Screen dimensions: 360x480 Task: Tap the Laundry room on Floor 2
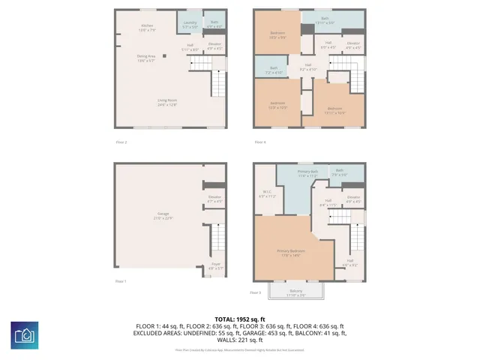[x=189, y=24]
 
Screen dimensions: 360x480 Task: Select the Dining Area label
[x=146, y=58]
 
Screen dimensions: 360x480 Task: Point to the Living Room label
[x=167, y=102]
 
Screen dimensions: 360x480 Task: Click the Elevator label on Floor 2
[x=215, y=46]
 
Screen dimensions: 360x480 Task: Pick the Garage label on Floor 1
[x=163, y=216]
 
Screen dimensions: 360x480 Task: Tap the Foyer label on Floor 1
[x=215, y=265]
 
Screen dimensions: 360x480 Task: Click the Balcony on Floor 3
[x=297, y=293]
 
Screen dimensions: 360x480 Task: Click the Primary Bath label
[x=308, y=174]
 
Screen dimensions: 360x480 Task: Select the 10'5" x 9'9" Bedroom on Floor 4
[x=277, y=35]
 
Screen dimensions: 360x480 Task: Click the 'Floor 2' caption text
[x=121, y=142]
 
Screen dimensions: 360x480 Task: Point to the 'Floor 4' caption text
[x=259, y=142]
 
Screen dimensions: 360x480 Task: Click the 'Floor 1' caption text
[x=121, y=281]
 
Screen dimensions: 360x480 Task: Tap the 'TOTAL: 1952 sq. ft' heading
[x=240, y=319]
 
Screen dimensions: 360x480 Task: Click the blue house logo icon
[x=25, y=335]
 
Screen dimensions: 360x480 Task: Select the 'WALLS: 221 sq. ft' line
[x=240, y=342]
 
